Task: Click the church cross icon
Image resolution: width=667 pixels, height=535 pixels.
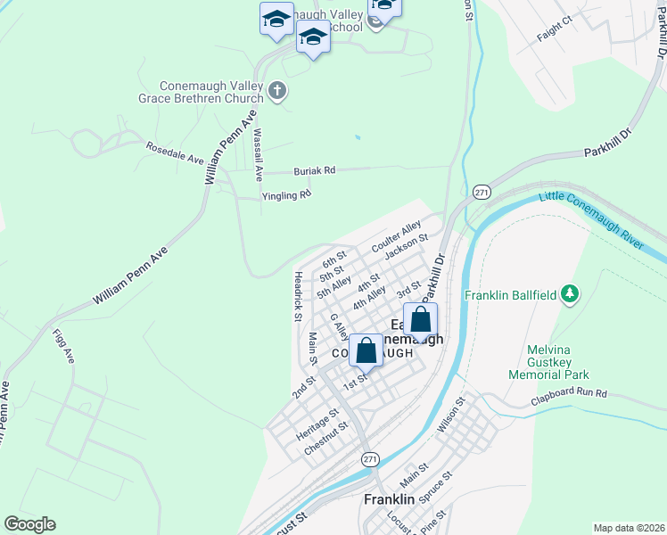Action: (276, 90)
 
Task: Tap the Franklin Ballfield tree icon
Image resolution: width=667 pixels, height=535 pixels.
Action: (572, 293)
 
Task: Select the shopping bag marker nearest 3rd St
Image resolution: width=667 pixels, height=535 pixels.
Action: (420, 320)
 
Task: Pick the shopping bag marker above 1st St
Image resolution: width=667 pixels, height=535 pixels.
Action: (366, 350)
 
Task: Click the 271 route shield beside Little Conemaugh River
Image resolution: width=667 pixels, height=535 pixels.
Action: (482, 193)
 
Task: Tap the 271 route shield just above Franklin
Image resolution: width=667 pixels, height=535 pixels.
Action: (371, 457)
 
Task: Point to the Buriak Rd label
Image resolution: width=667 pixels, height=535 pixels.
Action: (316, 170)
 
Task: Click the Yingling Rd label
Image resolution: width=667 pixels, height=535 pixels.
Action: (286, 194)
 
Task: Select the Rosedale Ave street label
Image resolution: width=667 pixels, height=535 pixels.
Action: (176, 152)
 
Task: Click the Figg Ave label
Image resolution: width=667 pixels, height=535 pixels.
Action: (63, 348)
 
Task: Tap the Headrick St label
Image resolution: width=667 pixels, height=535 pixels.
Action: (297, 292)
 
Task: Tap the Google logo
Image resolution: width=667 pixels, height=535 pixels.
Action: (29, 524)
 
